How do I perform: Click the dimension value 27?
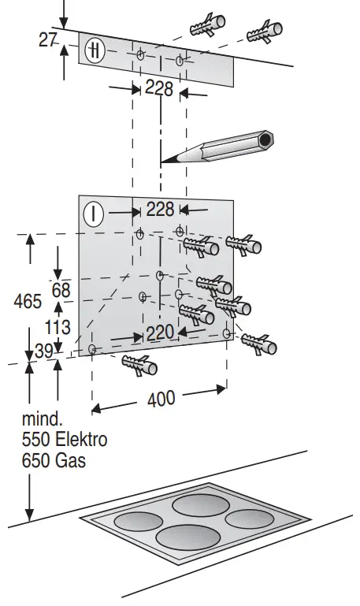pyautogui.click(x=48, y=40)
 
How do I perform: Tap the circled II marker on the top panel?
pyautogui.click(x=95, y=50)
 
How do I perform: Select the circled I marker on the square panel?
pyautogui.click(x=94, y=214)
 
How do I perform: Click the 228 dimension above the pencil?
pyautogui.click(x=159, y=88)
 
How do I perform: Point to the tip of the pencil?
pyautogui.click(x=161, y=162)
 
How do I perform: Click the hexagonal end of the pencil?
pyautogui.click(x=265, y=139)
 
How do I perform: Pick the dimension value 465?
pyautogui.click(x=28, y=301)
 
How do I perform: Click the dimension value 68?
pyautogui.click(x=61, y=290)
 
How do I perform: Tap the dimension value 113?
pyautogui.click(x=58, y=327)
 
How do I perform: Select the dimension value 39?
pyautogui.click(x=43, y=351)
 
